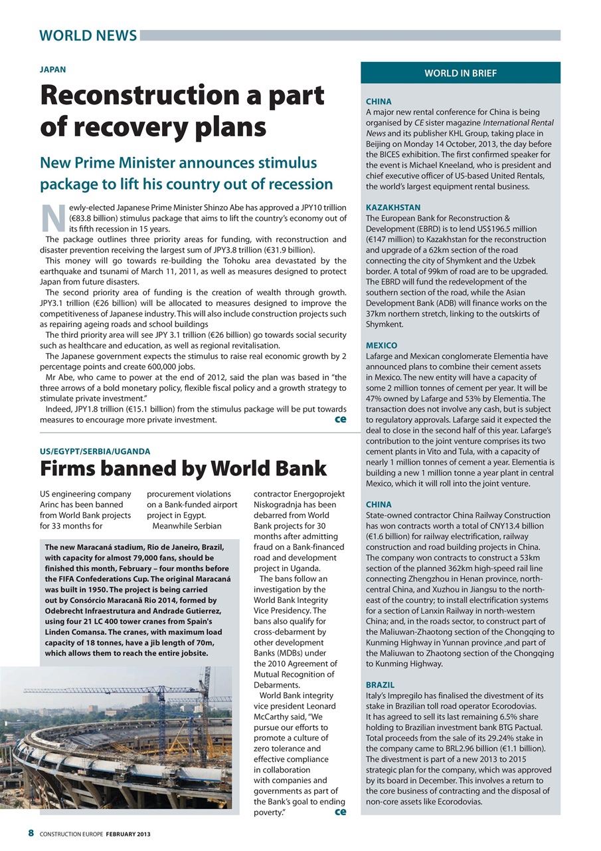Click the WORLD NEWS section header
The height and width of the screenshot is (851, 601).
pos(88,35)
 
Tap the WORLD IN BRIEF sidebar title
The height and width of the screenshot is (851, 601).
pos(460,73)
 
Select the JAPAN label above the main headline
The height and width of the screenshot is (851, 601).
pos(53,69)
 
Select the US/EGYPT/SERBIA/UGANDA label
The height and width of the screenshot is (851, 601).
pos(95,451)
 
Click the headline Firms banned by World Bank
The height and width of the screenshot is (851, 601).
pos(183,469)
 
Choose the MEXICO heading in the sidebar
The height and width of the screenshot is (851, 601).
pos(382,346)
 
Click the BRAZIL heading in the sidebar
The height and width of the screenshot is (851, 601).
pos(381,684)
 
